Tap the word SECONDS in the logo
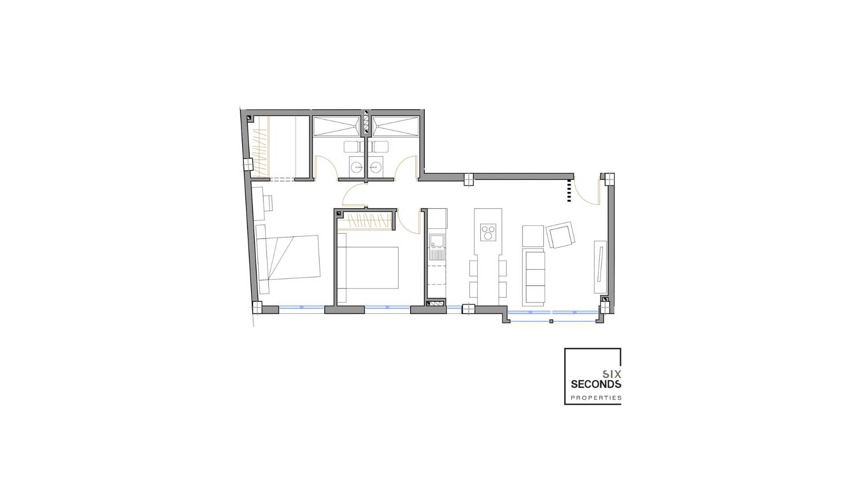click(x=596, y=384)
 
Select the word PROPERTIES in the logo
click(x=596, y=398)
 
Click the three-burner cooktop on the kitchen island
click(x=488, y=232)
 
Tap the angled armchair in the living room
click(x=561, y=235)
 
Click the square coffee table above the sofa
click(x=533, y=236)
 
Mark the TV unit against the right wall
click(x=601, y=267)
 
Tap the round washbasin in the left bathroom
click(x=356, y=167)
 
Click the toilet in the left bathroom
click(x=352, y=147)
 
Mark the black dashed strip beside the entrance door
click(x=569, y=191)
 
